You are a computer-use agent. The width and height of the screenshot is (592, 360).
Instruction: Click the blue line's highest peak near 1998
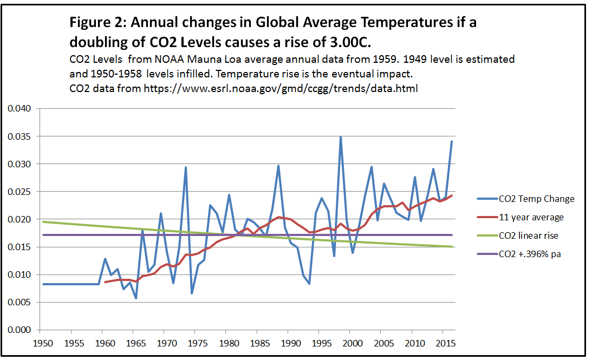(341, 137)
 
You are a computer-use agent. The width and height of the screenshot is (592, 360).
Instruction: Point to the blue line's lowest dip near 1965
(136, 298)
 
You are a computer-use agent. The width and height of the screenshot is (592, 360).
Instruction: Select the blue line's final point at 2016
(452, 142)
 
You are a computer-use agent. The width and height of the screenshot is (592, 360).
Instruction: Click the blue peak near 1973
(186, 167)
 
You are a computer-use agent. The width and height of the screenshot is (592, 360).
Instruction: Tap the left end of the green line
(43, 221)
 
